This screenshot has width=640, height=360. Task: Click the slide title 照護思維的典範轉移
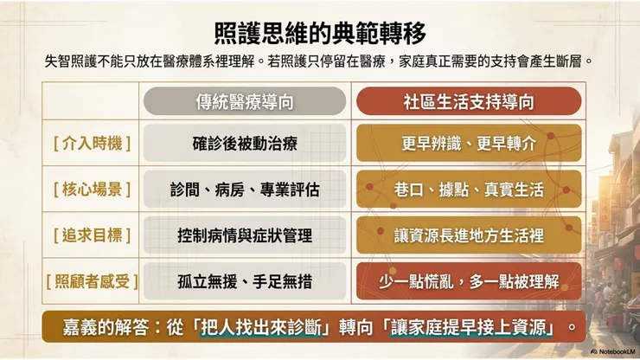click(320, 33)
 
